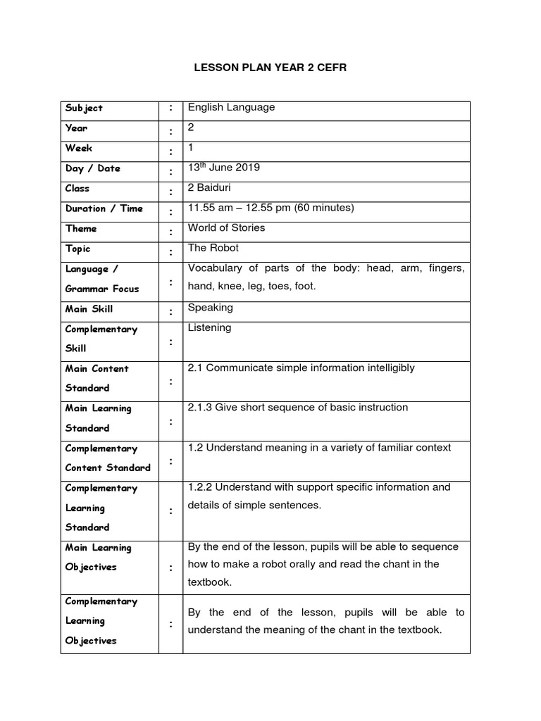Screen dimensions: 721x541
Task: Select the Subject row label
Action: [84, 108]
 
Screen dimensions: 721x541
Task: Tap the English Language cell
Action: [231, 108]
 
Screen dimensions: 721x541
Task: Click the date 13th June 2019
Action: [223, 168]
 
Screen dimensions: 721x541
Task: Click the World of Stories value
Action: [226, 228]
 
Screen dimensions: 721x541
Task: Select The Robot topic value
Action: [213, 248]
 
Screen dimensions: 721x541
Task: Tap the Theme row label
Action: [81, 229]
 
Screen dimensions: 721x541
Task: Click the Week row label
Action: [79, 149]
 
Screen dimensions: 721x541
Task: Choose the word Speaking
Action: [211, 308]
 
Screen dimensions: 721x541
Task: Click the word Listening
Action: [209, 328]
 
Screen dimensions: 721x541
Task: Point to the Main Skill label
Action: [89, 309]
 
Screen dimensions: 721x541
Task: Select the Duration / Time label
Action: [104, 208]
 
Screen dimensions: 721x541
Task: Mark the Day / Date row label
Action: [92, 168]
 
